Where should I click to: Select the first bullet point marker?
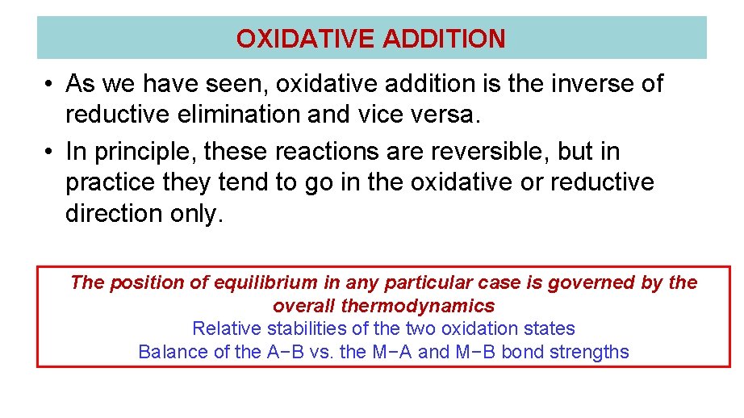pos(48,84)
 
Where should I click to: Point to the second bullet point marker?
pos(48,152)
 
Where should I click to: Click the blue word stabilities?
pos(309,328)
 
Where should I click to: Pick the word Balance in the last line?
pos(169,352)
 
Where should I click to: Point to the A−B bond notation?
pos(285,352)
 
